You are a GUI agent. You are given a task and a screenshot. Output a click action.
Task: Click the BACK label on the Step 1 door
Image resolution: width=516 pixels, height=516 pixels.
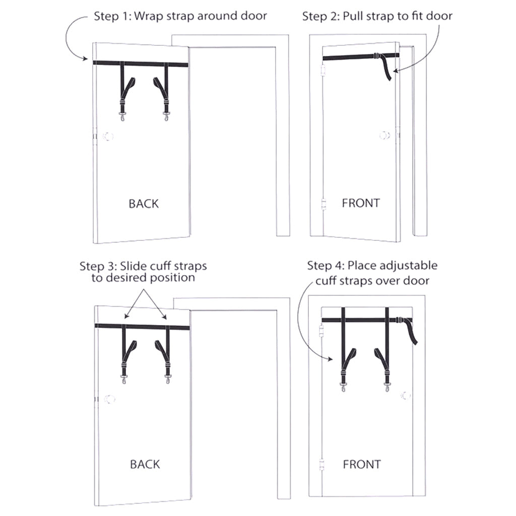[144, 204]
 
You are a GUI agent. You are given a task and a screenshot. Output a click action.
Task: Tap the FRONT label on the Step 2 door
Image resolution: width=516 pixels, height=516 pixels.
[361, 203]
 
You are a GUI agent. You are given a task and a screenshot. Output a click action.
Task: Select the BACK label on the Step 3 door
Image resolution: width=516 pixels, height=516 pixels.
[145, 464]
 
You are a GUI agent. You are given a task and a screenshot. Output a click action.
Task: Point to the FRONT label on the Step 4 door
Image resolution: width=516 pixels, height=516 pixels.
[362, 464]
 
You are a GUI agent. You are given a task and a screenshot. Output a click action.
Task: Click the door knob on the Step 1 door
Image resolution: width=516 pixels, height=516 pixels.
[108, 136]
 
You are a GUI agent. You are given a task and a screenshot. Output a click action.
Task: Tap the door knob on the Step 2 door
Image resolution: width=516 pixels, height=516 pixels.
[384, 135]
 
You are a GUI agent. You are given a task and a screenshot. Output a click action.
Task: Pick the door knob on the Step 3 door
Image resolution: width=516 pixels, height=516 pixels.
[109, 399]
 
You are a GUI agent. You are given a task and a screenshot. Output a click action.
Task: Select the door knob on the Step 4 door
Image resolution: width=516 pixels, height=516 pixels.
[406, 395]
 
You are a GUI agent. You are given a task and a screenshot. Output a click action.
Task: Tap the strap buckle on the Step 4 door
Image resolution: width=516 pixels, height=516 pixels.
[399, 320]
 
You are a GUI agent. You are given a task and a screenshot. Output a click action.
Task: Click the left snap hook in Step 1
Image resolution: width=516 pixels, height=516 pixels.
[122, 116]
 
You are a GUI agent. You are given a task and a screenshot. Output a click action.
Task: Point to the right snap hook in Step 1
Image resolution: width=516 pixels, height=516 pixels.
[166, 116]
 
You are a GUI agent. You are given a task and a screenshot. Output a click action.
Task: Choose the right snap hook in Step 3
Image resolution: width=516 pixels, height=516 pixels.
[168, 379]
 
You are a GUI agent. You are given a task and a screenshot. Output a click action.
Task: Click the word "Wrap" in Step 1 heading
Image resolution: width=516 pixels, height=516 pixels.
[149, 16]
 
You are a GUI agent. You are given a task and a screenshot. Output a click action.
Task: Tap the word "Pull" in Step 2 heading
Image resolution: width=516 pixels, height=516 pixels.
[354, 16]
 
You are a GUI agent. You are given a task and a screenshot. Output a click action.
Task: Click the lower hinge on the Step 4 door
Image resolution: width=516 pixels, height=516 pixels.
[322, 464]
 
